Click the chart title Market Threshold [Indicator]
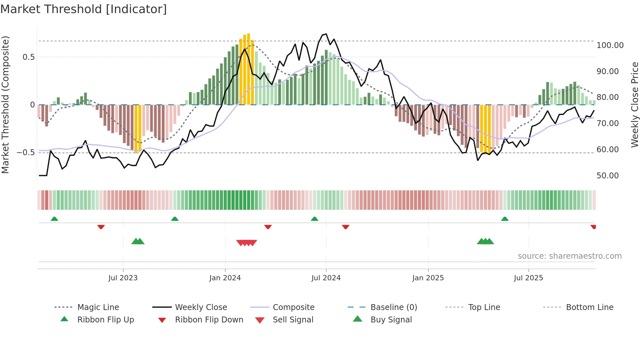tap(84, 9)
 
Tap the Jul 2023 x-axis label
tap(123, 278)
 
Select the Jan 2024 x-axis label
tap(225, 278)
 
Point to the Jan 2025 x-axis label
tap(428, 278)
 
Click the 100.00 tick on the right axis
tap(610, 45)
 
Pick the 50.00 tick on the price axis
tap(607, 176)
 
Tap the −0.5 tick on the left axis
tap(26, 153)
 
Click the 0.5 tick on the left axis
tap(28, 57)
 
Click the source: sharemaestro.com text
tap(569, 256)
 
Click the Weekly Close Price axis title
tap(634, 105)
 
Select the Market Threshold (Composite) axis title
tap(5, 105)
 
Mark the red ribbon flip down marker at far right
tap(593, 227)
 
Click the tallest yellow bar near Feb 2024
tap(248, 69)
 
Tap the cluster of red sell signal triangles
tap(247, 243)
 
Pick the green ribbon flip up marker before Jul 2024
tap(314, 219)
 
